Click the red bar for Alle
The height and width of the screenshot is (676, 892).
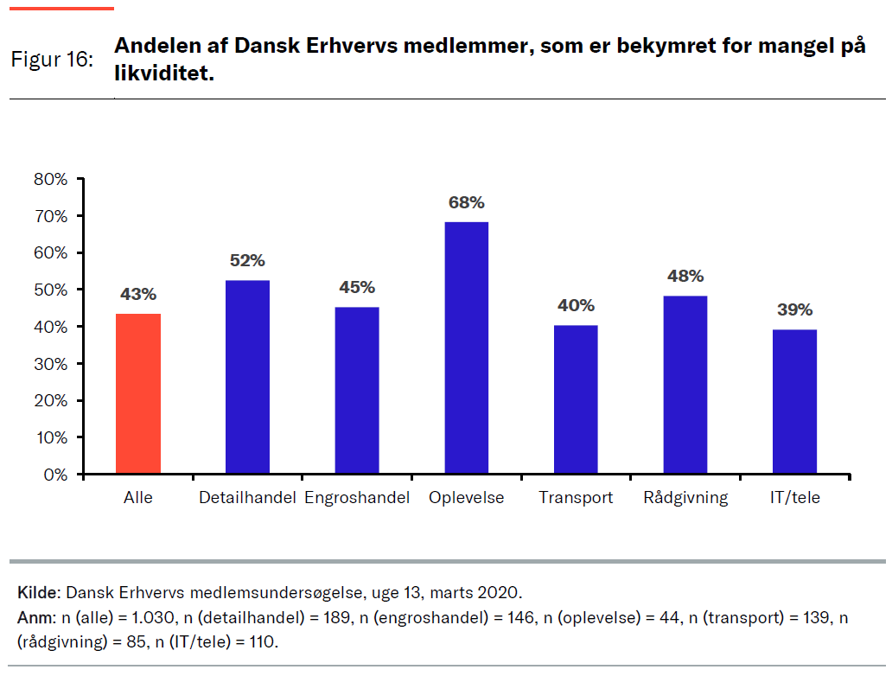point(138,394)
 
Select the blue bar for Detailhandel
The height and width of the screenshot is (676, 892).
point(247,377)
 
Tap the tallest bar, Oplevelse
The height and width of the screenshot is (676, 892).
point(466,348)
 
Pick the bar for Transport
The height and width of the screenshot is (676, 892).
point(576,399)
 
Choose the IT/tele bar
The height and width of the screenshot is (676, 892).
point(794,402)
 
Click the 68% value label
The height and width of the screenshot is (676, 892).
point(466,202)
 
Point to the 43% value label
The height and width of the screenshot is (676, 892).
point(138,295)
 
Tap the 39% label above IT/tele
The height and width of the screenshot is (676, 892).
point(794,310)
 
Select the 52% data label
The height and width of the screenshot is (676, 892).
point(247,260)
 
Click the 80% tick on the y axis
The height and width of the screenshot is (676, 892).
point(50,179)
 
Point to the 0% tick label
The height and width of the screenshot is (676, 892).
point(54,475)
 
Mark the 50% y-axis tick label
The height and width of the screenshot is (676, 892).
point(50,290)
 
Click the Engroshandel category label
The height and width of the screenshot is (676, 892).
point(357,498)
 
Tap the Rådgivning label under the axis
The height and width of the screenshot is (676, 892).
point(685,498)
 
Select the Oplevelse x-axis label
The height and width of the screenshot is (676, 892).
point(466,498)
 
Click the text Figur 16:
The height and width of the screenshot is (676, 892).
point(52,61)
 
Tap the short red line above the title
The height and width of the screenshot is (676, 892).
point(61,9)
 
